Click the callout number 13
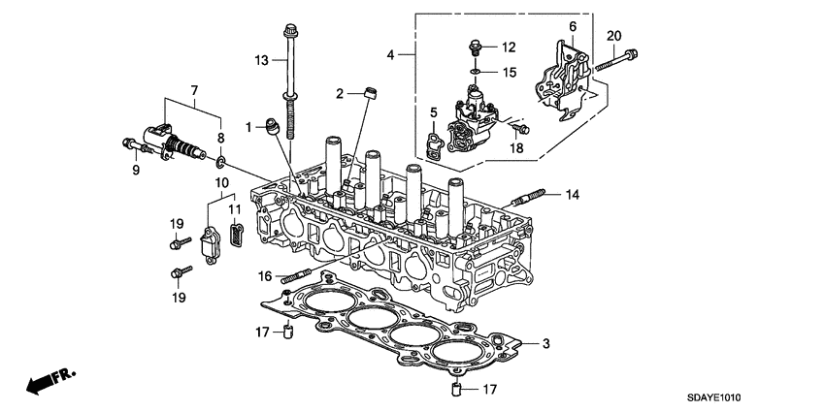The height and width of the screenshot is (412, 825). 260,60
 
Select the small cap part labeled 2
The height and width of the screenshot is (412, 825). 368,94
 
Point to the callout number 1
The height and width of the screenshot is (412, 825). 248,127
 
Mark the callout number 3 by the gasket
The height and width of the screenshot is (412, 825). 546,343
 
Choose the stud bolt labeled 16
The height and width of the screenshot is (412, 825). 292,275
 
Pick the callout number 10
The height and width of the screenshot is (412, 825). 222,181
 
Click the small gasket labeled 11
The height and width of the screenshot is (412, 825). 234,236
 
